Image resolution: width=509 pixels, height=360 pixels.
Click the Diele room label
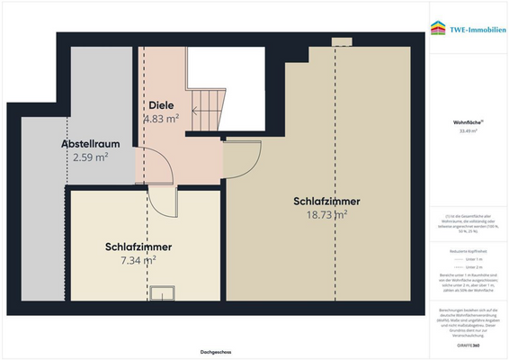tap(161, 105)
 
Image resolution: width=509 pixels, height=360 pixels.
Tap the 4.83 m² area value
tap(161, 118)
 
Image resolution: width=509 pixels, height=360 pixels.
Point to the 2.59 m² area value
tap(90, 157)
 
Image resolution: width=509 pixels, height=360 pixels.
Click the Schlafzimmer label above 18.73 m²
tap(326, 201)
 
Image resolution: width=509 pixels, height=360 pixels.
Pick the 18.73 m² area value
tap(326, 214)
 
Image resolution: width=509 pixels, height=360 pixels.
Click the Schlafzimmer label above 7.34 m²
tap(138, 246)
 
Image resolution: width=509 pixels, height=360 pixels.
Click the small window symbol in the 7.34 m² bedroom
tap(163, 292)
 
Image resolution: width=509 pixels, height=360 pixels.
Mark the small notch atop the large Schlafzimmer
tap(342, 40)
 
